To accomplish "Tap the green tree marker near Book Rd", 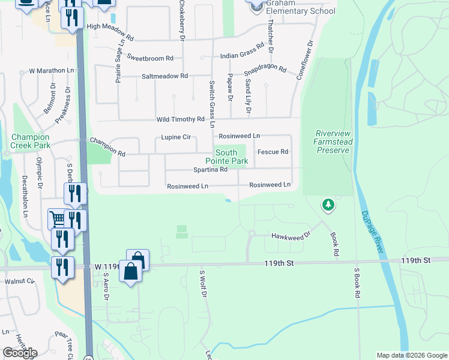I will (328, 206).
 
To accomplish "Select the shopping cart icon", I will (57, 218).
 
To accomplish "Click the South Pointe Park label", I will (226, 157).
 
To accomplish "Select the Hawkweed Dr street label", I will (291, 235).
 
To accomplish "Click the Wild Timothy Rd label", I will (181, 119).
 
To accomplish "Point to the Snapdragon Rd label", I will (265, 68).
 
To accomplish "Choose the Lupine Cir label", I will (176, 137).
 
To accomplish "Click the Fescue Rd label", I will (273, 152).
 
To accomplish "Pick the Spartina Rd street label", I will (210, 170).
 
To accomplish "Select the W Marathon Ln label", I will (51, 71).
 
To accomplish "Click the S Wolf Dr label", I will (203, 283).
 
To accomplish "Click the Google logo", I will (20, 353).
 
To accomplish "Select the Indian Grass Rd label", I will (242, 51).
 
